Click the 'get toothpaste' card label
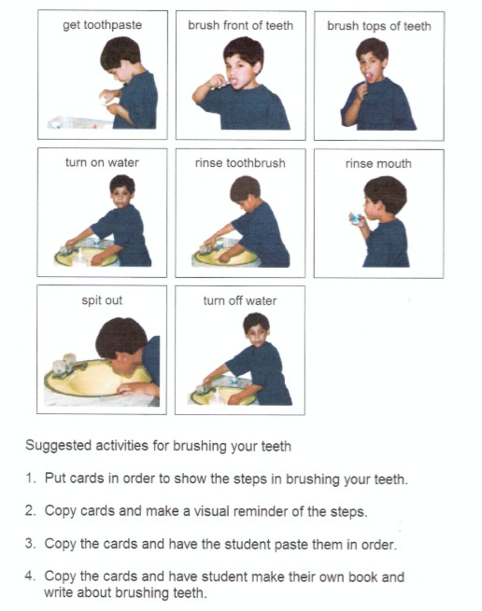coord(103,25)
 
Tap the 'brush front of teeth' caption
coord(240,25)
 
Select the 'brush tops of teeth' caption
coord(378,26)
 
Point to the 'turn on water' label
coord(102,162)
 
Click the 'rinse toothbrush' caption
coord(240,162)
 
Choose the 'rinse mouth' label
coord(378,163)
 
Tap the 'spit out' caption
coord(102,300)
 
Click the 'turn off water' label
coord(240,300)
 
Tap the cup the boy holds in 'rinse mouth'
coord(357,217)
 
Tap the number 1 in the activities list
coord(30,479)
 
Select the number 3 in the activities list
coord(30,544)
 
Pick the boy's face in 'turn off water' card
coord(256,327)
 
